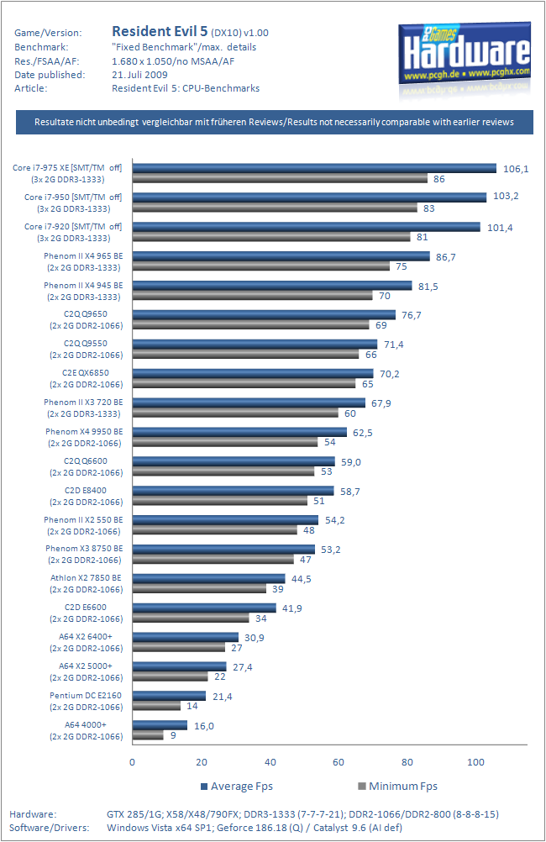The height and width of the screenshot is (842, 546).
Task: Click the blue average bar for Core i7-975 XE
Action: (x=314, y=168)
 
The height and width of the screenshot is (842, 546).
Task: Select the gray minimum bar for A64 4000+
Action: (x=148, y=735)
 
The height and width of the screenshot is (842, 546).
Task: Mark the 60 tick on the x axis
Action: (x=339, y=763)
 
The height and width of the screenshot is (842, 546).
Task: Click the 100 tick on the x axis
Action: (x=475, y=763)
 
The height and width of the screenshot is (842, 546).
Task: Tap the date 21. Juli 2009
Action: (x=139, y=75)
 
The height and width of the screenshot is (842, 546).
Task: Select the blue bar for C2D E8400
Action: (x=233, y=490)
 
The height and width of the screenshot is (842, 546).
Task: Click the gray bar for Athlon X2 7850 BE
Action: (x=199, y=589)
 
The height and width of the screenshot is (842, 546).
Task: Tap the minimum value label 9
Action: (x=173, y=736)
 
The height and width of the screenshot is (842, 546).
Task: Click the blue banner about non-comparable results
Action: (x=274, y=122)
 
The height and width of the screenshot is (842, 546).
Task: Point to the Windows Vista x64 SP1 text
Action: (x=156, y=828)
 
